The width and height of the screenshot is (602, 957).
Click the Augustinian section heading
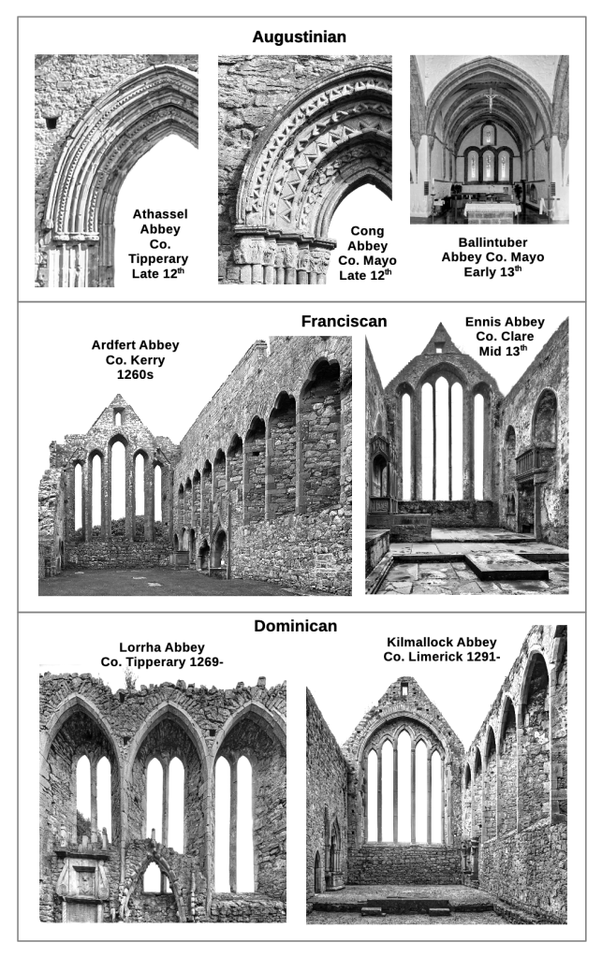click(x=300, y=37)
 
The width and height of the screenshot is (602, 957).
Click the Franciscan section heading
click(x=343, y=322)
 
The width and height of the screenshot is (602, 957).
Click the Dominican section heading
click(x=295, y=626)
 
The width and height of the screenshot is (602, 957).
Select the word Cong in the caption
click(x=366, y=230)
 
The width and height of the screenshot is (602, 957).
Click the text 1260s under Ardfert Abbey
click(x=135, y=374)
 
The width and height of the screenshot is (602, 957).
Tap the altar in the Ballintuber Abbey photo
click(x=490, y=208)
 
